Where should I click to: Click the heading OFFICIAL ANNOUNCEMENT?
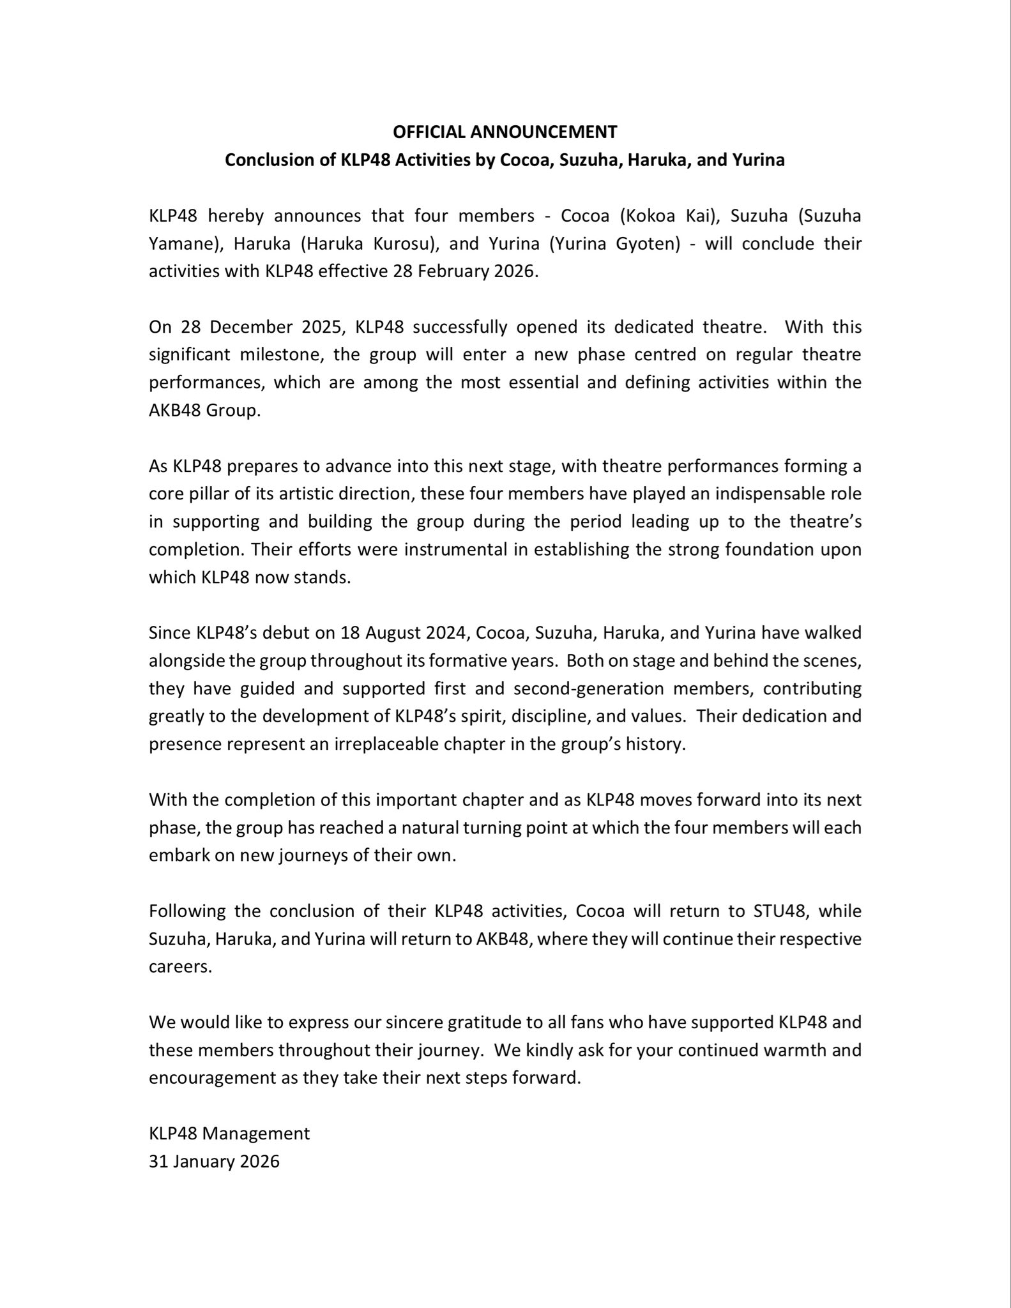coord(505,132)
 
